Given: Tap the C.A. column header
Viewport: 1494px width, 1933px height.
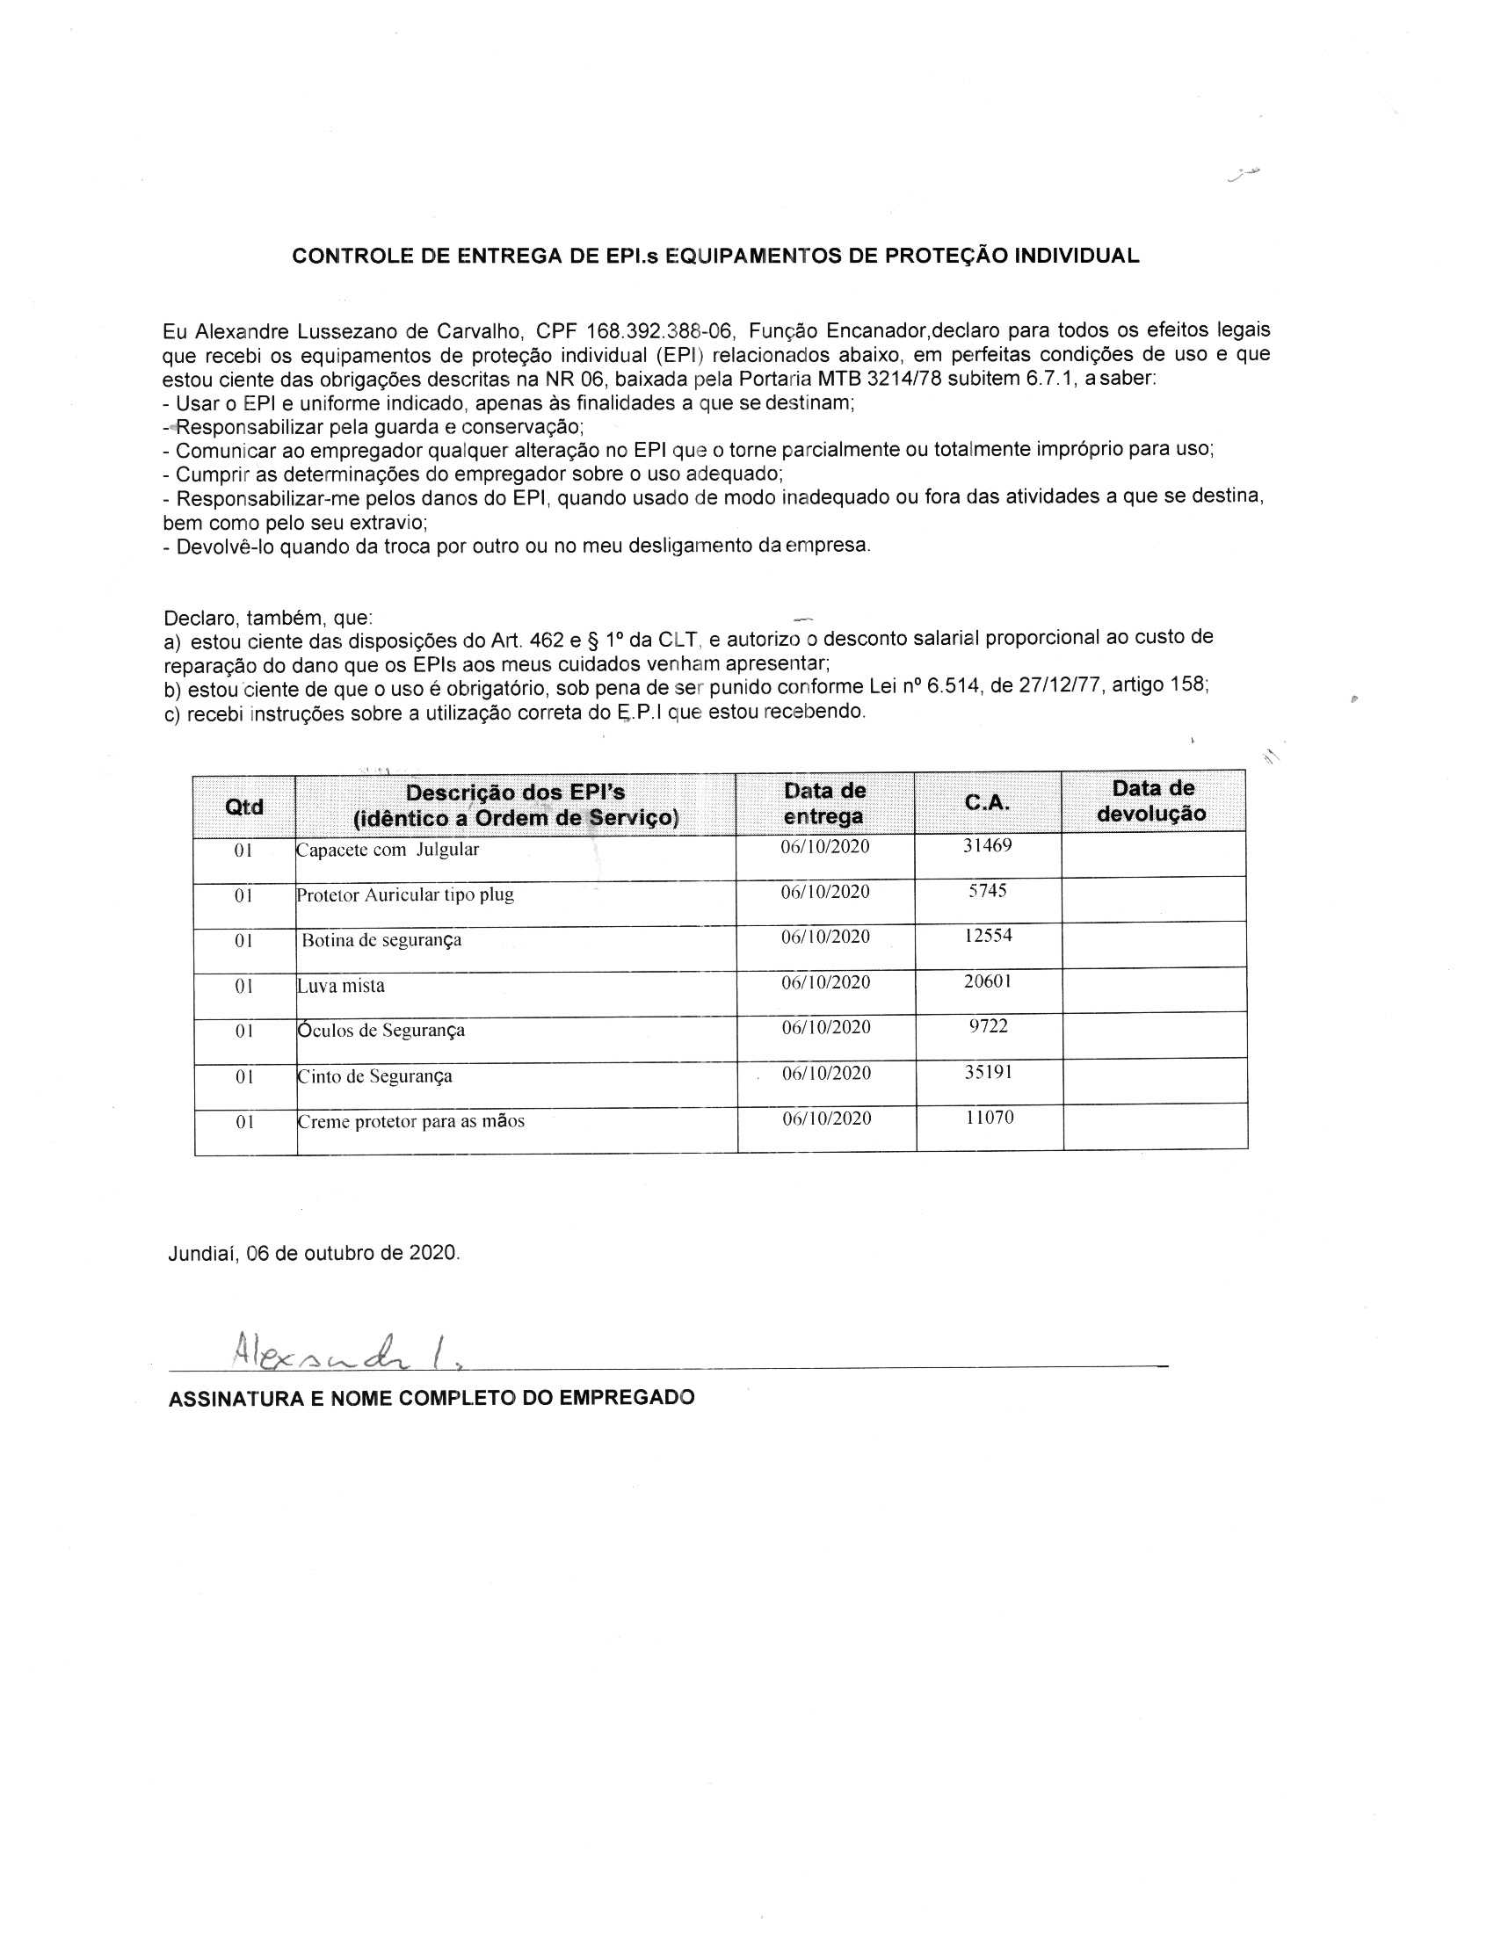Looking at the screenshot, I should tap(987, 802).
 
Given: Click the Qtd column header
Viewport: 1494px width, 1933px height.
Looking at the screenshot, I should tap(244, 807).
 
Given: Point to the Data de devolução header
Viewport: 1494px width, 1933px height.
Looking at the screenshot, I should tap(1152, 801).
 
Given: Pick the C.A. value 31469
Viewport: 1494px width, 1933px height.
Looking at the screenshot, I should tap(987, 845).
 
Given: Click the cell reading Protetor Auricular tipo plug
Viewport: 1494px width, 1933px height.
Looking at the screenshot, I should tap(405, 894).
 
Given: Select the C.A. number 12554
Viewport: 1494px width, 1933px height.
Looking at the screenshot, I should tap(988, 936).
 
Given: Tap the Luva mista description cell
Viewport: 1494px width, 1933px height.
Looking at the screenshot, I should tap(341, 986).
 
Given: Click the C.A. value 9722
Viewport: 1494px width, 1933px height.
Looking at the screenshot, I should tap(989, 1026).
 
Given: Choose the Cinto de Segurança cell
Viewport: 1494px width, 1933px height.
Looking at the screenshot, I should tap(375, 1077).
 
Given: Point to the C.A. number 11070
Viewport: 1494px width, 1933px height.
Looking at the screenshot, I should tap(990, 1118).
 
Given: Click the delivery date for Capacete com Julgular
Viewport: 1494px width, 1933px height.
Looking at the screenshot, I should tap(825, 847).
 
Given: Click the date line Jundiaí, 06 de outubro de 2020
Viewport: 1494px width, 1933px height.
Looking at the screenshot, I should tap(315, 1253).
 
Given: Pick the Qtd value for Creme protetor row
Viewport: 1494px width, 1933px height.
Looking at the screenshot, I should tap(245, 1122).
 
